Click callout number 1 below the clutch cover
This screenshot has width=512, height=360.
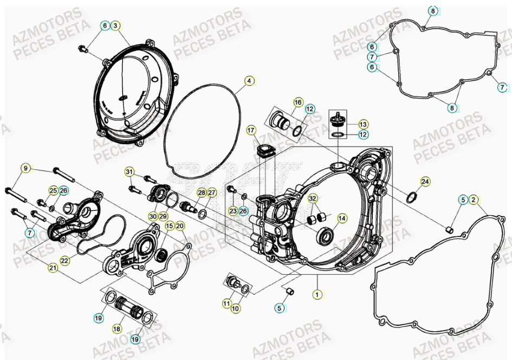(316, 294)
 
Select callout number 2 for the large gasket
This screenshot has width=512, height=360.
(473, 200)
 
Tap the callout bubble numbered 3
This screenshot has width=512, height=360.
(115, 25)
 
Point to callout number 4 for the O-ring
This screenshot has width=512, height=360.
(249, 81)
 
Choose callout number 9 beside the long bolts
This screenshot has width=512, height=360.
(25, 169)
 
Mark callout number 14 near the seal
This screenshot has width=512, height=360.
(342, 218)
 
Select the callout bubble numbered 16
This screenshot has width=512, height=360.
(298, 102)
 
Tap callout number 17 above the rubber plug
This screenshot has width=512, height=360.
(251, 130)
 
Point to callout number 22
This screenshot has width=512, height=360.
(65, 261)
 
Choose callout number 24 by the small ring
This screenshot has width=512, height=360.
(425, 182)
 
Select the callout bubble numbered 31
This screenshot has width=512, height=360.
(129, 172)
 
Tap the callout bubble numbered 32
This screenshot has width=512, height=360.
(312, 198)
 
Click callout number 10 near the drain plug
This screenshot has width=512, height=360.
(236, 308)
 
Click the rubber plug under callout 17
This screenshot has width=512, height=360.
(266, 151)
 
